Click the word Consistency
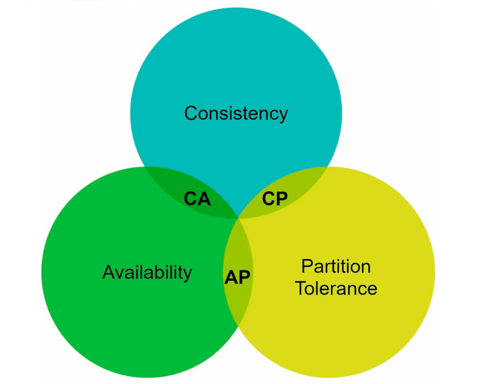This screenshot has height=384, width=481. [236, 114]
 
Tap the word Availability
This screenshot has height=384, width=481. [147, 273]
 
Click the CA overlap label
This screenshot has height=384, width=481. [197, 199]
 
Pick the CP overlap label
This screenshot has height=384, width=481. [275, 199]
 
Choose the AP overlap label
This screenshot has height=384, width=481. [237, 277]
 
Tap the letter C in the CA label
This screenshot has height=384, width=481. [191, 199]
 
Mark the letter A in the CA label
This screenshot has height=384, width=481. [204, 199]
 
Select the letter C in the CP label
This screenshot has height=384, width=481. [268, 199]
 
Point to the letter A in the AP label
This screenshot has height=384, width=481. [231, 277]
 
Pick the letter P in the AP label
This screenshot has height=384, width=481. [244, 277]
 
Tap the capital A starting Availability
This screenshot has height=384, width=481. [109, 272]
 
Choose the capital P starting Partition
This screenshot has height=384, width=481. [307, 266]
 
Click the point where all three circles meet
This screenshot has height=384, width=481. [238, 218]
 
